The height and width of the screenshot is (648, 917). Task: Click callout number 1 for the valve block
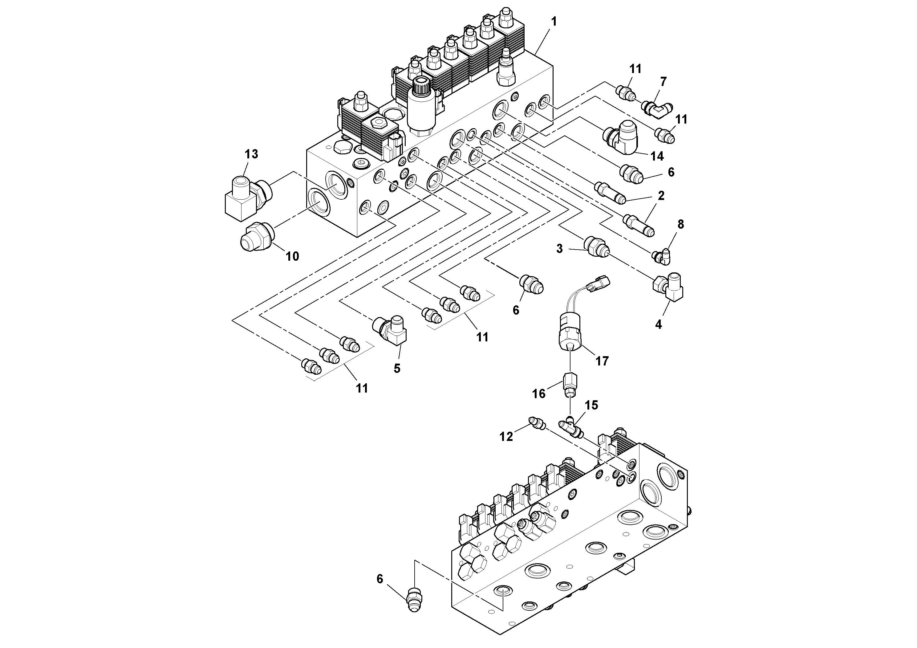[x=554, y=22]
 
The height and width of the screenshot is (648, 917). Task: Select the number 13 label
[x=251, y=154]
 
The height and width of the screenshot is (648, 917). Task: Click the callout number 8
[x=680, y=225]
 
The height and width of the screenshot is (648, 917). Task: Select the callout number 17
[x=602, y=361]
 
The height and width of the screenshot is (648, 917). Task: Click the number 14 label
[x=657, y=156]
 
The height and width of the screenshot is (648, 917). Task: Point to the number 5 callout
[x=397, y=368]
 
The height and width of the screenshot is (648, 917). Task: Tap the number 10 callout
[x=292, y=256]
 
